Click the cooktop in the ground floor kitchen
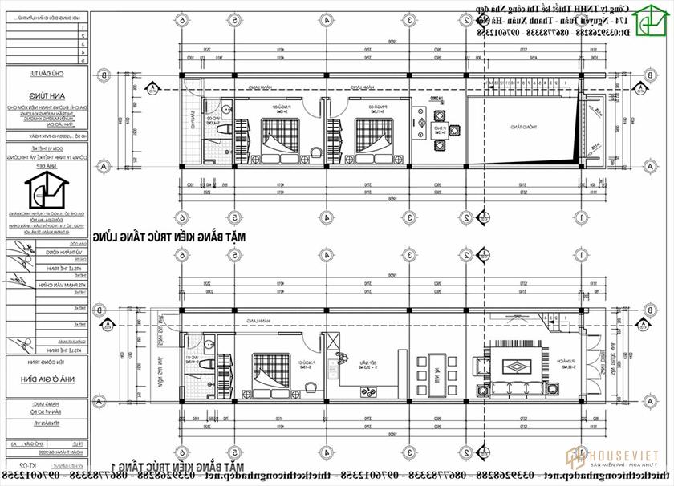coord(370,393)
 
